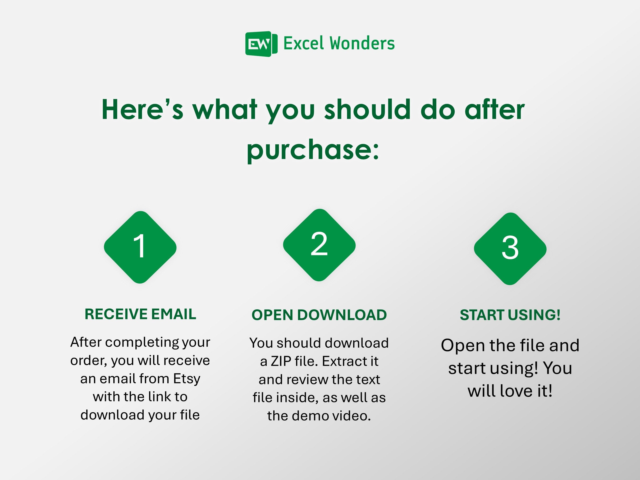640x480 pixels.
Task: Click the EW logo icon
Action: pyautogui.click(x=261, y=44)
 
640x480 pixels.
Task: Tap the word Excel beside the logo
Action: pyautogui.click(x=303, y=43)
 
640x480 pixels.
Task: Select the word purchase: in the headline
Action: pyautogui.click(x=312, y=150)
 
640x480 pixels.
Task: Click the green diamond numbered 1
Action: pyautogui.click(x=140, y=247)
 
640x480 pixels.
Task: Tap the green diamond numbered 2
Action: pyautogui.click(x=319, y=245)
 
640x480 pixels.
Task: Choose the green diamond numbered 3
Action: pyautogui.click(x=510, y=249)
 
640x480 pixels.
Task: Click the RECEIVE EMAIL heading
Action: pyautogui.click(x=140, y=314)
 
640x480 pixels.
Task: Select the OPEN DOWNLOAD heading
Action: pyautogui.click(x=319, y=315)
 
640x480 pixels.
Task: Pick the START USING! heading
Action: pyautogui.click(x=510, y=315)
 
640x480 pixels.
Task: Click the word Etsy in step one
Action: pyautogui.click(x=187, y=379)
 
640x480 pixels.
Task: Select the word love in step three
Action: pyautogui.click(x=517, y=391)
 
